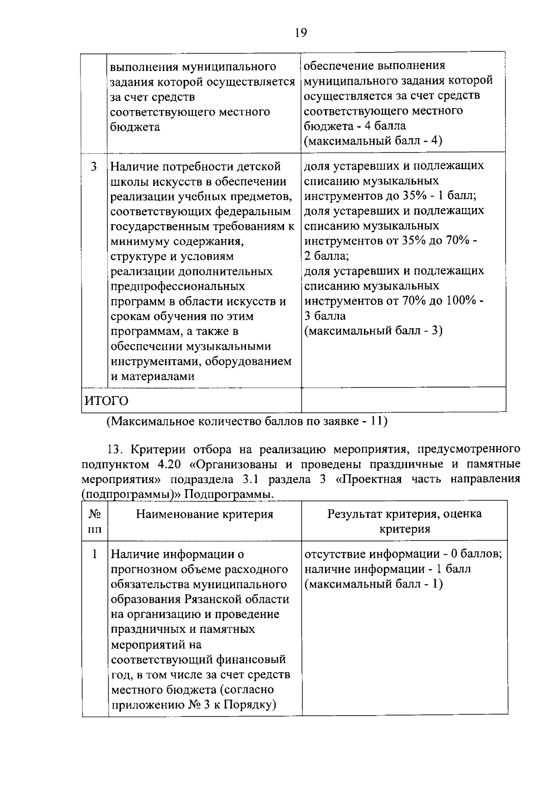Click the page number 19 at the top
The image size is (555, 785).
click(300, 33)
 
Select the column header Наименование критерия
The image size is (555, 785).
click(204, 515)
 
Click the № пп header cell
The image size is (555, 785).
click(95, 521)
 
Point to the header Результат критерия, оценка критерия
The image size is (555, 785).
click(404, 521)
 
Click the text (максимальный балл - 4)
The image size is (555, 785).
click(373, 141)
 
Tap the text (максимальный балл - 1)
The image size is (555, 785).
click(373, 584)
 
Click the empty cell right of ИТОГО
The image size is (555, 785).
click(403, 400)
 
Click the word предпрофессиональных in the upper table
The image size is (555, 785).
click(178, 286)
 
